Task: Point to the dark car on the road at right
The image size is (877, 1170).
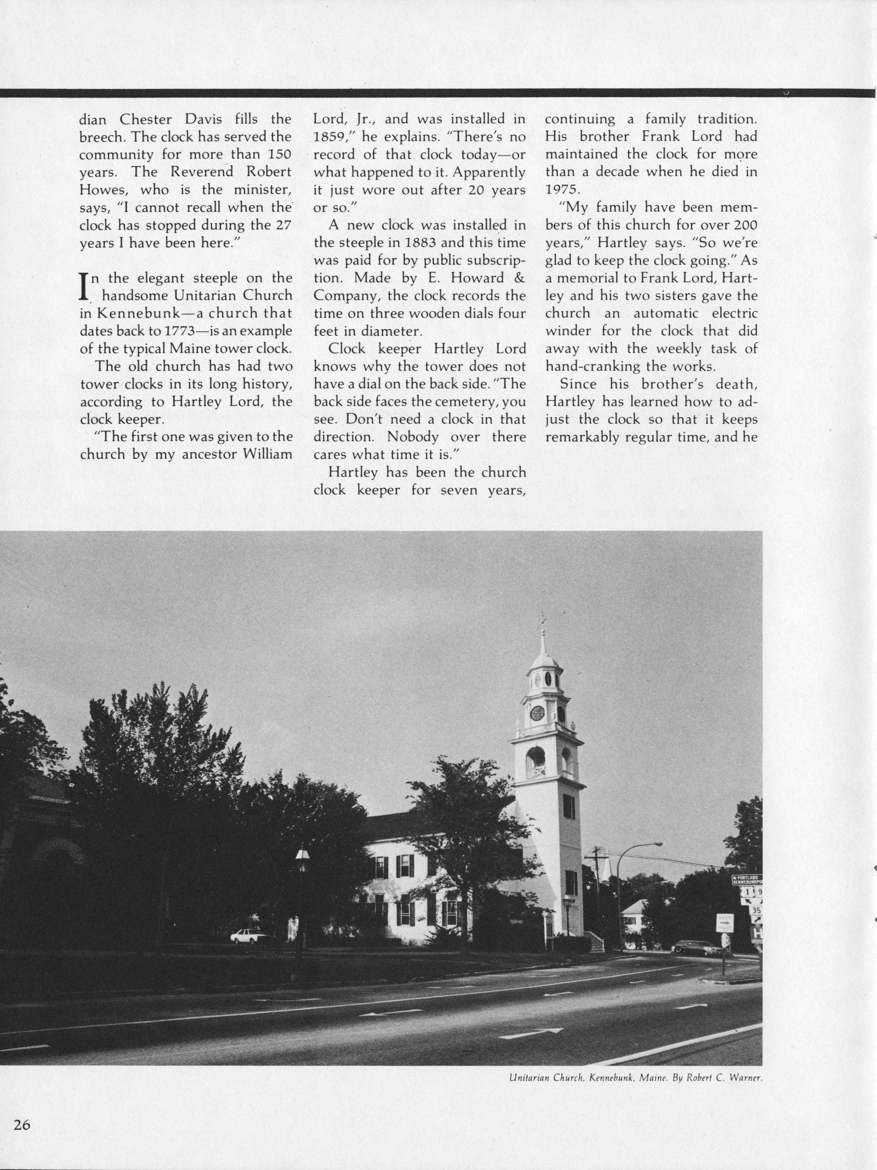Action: click(x=695, y=947)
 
